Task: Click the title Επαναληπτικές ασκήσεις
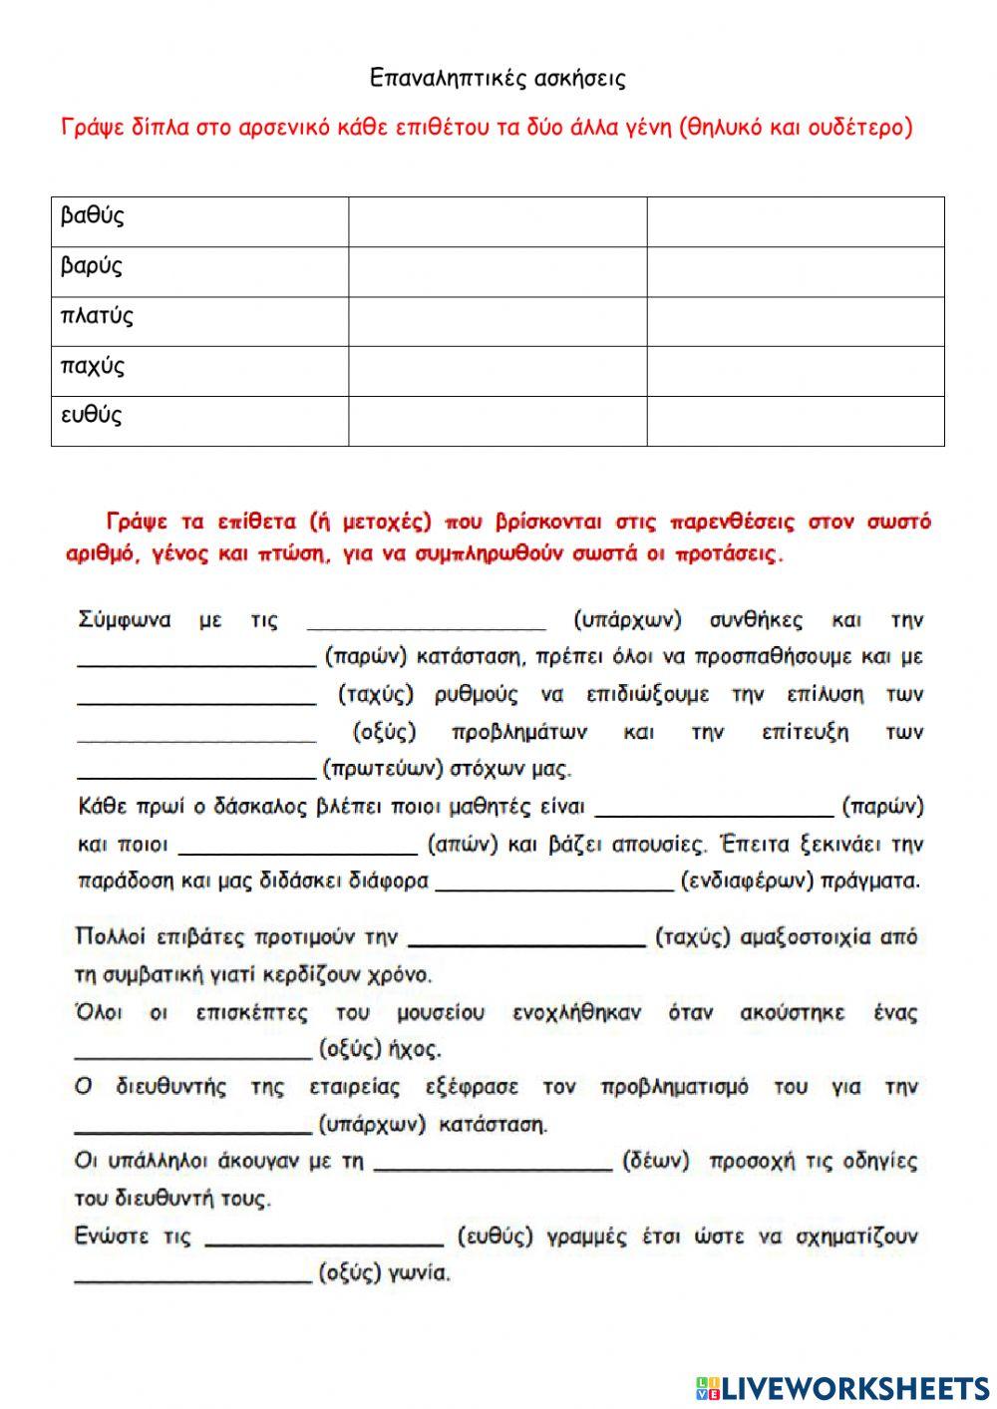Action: tap(498, 78)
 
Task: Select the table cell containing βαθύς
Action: tap(199, 221)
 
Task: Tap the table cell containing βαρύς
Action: tap(199, 271)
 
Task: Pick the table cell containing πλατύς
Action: tap(199, 321)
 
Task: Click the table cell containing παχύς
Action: tap(199, 371)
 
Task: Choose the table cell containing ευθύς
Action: tap(199, 421)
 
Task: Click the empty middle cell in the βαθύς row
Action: tap(498, 221)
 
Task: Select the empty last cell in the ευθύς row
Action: tap(796, 421)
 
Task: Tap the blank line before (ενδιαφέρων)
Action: tap(554, 883)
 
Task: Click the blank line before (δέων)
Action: tap(493, 1164)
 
